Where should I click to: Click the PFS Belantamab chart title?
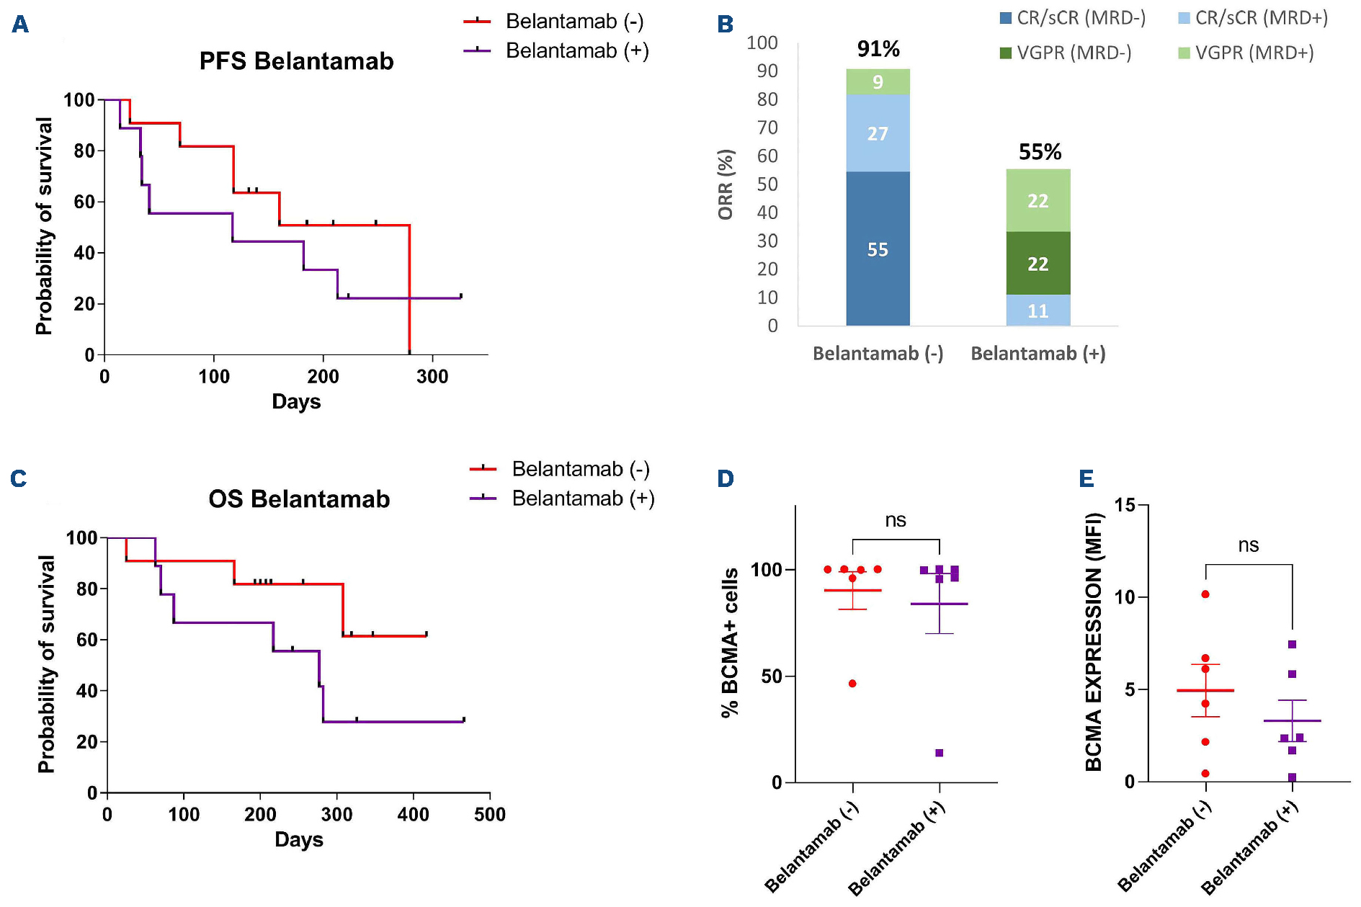point(296,61)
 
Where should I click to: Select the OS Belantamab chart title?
point(299,499)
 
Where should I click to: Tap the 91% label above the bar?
point(878,49)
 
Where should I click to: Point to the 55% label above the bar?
point(1040,152)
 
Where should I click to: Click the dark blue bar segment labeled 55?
point(878,249)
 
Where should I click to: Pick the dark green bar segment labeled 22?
point(1038,264)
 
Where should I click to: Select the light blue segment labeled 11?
point(1038,310)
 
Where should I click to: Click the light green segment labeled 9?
point(878,82)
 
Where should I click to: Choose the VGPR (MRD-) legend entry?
point(1066,53)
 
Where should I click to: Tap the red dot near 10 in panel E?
point(1205,594)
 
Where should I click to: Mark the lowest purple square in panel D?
point(940,753)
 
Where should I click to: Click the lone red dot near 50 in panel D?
point(852,683)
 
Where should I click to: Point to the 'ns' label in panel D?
point(896,520)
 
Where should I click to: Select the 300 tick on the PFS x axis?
point(432,376)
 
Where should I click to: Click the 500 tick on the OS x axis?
point(490,814)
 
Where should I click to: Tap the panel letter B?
point(726,24)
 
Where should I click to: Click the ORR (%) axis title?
point(726,184)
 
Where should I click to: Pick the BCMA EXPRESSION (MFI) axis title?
point(1094,641)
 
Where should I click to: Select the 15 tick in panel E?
point(1125,505)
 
